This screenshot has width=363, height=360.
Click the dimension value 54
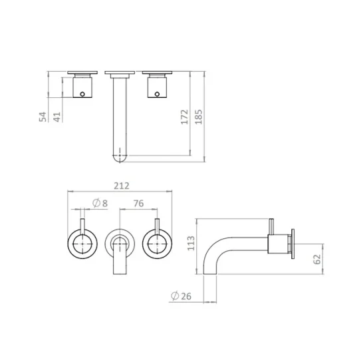(43, 117)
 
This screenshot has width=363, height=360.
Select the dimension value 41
(58, 117)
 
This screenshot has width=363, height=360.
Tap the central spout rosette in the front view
(120, 243)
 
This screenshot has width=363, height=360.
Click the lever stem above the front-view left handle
(82, 225)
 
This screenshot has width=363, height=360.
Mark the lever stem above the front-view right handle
(158, 225)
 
